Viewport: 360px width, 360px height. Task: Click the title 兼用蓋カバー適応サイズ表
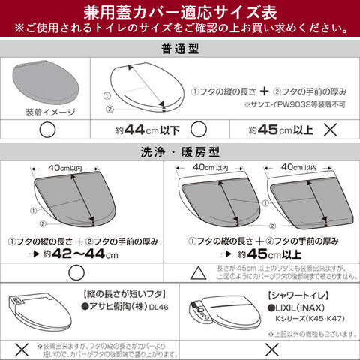180,13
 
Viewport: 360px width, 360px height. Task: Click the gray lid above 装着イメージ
46,85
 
